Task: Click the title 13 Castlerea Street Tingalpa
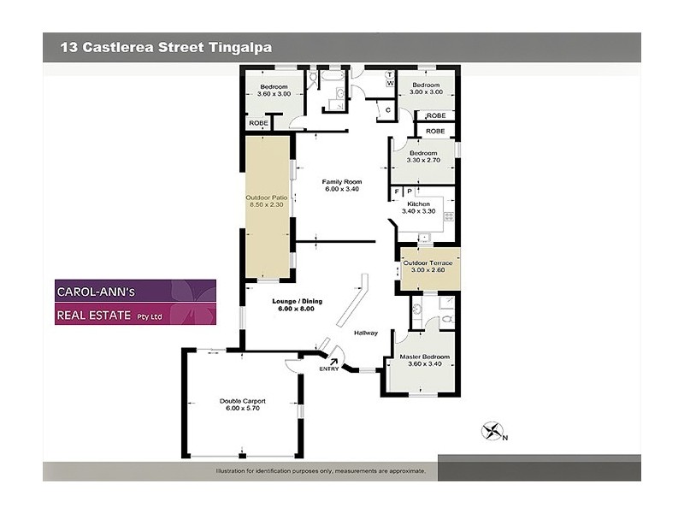(x=166, y=48)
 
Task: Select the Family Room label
(x=342, y=181)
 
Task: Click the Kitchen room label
(x=418, y=204)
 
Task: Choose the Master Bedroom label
(x=424, y=357)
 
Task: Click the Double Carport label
(x=243, y=401)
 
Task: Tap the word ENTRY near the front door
(x=328, y=369)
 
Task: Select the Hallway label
(x=366, y=333)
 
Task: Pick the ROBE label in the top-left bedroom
(x=257, y=123)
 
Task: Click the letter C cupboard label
(x=387, y=109)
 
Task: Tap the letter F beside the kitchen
(x=397, y=191)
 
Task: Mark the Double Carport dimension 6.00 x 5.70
(x=243, y=409)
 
